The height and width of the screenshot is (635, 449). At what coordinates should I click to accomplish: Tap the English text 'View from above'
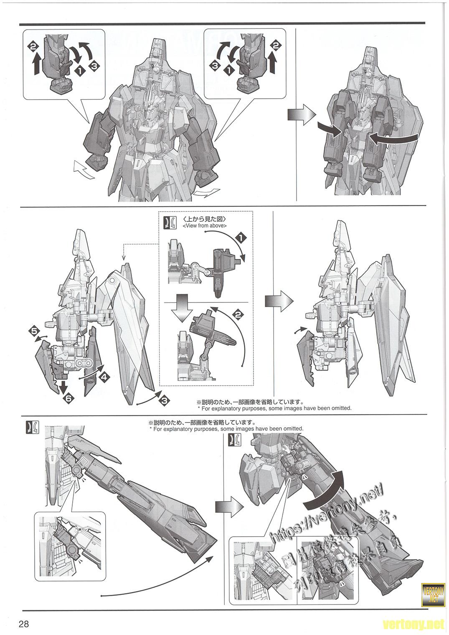[205, 226]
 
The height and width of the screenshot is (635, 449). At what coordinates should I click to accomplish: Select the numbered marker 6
[67, 398]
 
